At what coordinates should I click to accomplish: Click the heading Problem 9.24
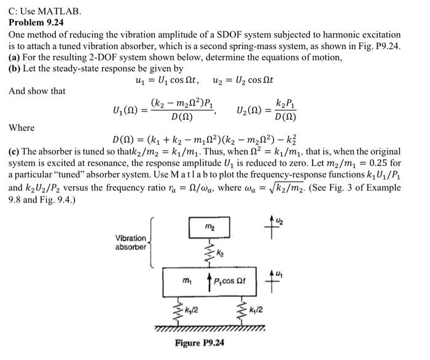[36, 23]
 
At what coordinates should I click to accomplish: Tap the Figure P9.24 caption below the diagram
[200, 343]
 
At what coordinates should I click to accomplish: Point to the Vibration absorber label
[131, 242]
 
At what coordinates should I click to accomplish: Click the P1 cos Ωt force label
[229, 281]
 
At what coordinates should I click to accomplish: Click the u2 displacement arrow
[266, 224]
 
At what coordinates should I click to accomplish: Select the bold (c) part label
[15, 151]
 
